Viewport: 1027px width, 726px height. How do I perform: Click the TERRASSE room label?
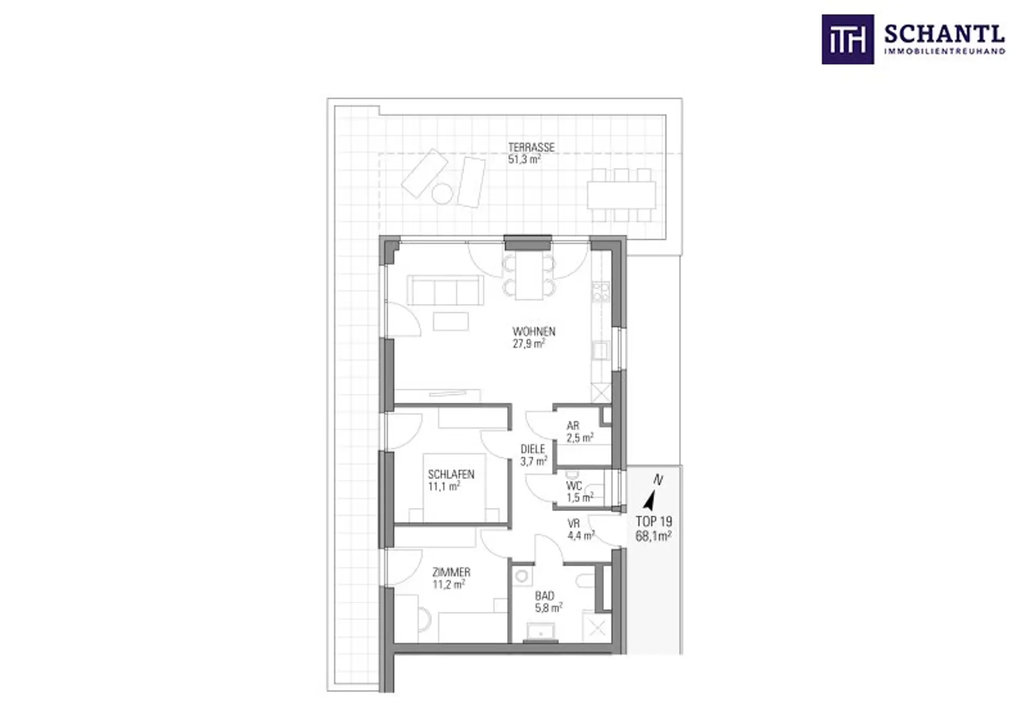click(x=531, y=147)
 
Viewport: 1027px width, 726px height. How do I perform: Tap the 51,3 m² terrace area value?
click(x=524, y=159)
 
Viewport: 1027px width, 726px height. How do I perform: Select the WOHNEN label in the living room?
click(x=534, y=331)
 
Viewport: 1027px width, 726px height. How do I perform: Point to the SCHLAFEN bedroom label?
click(x=451, y=474)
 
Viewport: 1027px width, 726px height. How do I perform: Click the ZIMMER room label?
click(x=451, y=573)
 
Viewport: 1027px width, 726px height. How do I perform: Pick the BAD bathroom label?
click(x=545, y=596)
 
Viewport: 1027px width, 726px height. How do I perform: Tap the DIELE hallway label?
click(x=533, y=450)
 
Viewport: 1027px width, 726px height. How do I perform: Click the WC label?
click(x=574, y=486)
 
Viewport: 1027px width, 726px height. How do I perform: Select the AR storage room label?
click(x=573, y=426)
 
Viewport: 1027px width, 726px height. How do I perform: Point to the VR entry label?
click(x=573, y=524)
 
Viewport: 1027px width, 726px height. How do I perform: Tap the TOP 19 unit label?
click(x=654, y=521)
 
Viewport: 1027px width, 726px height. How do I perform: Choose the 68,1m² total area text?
click(x=654, y=536)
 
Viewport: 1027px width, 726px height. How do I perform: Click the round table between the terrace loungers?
click(x=442, y=194)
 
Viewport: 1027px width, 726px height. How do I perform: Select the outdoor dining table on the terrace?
click(x=622, y=195)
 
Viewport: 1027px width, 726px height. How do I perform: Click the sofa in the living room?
click(x=445, y=290)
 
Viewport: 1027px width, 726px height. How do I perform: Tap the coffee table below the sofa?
click(x=451, y=321)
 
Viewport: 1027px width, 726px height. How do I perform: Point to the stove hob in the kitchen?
click(x=601, y=292)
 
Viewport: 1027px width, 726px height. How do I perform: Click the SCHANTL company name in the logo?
click(x=945, y=35)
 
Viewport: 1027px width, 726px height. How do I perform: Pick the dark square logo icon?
click(x=848, y=40)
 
